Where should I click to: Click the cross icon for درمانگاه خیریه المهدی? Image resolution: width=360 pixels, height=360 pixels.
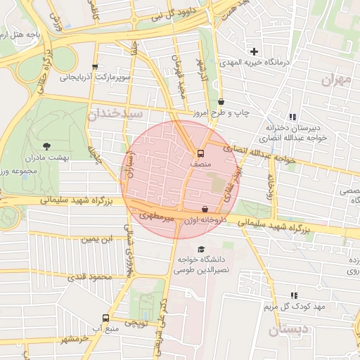pyautogui.click(x=255, y=51)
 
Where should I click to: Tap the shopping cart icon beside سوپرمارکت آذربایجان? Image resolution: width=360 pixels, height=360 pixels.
pyautogui.click(x=95, y=67)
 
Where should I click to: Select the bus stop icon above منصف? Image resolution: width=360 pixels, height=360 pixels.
pyautogui.click(x=201, y=153)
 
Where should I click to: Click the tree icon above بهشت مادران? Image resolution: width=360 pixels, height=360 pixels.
pyautogui.click(x=47, y=146)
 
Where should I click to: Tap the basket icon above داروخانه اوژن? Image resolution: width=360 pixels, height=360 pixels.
pyautogui.click(x=205, y=210)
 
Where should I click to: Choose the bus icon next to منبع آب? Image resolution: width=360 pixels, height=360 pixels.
pyautogui.click(x=105, y=318)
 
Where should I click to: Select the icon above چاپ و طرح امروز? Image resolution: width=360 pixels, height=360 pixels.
pyautogui.click(x=221, y=102)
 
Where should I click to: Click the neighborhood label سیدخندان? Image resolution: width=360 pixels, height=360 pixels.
pyautogui.click(x=116, y=112)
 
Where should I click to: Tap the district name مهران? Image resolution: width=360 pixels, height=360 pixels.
pyautogui.click(x=336, y=80)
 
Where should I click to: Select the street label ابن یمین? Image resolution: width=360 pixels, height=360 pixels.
pyautogui.click(x=96, y=239)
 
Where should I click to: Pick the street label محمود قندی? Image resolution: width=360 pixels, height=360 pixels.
pyautogui.click(x=91, y=277)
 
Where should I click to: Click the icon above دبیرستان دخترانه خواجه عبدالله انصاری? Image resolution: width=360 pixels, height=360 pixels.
pyautogui.click(x=292, y=117)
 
